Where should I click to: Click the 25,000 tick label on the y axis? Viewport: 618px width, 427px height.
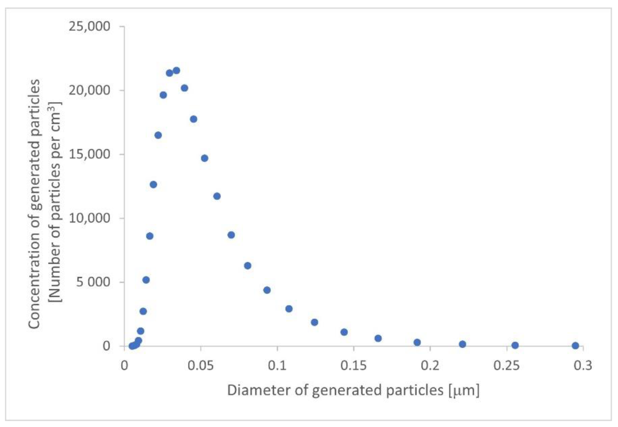(x=89, y=26)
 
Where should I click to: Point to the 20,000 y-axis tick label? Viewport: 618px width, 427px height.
(x=89, y=90)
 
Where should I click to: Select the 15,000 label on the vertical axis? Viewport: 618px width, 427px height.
(x=89, y=154)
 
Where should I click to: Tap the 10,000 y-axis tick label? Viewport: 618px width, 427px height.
(x=89, y=218)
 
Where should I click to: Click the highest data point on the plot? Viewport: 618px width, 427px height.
(x=177, y=71)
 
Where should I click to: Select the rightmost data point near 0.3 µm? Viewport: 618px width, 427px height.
(x=575, y=346)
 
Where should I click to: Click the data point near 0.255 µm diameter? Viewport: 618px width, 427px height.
(x=515, y=345)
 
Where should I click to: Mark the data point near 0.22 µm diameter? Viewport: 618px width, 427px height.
(x=463, y=344)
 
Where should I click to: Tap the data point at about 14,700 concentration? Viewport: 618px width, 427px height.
(x=205, y=158)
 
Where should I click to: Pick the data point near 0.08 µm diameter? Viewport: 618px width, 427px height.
(x=248, y=266)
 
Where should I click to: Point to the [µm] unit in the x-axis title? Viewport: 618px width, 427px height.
(x=464, y=391)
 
